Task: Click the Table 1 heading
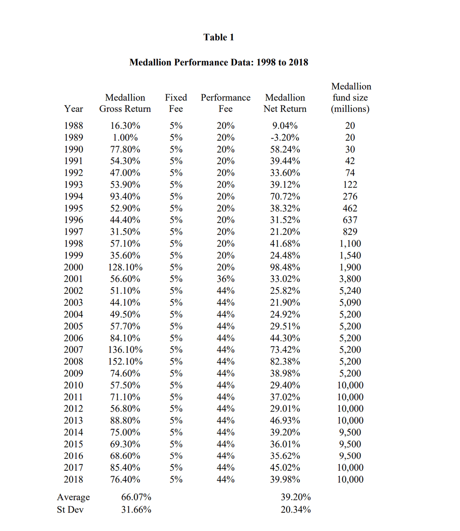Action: pyautogui.click(x=218, y=37)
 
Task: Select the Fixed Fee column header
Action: pyautogui.click(x=176, y=103)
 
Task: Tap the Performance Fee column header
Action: pyautogui.click(x=225, y=103)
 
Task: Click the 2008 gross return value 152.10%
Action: pyautogui.click(x=125, y=362)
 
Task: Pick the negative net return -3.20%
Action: pyautogui.click(x=285, y=138)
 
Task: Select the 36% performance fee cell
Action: pyautogui.click(x=225, y=279)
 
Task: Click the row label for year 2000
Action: pyautogui.click(x=73, y=267)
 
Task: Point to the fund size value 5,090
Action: pyautogui.click(x=350, y=303)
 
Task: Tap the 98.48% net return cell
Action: pyautogui.click(x=285, y=267)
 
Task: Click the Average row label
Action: pyautogui.click(x=73, y=497)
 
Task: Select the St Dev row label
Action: pyautogui.click(x=70, y=510)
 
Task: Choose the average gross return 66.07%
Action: pyautogui.click(x=136, y=497)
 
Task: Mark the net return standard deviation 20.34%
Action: pyautogui.click(x=295, y=510)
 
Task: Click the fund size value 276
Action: pyautogui.click(x=350, y=196)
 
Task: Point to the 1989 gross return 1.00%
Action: pyautogui.click(x=125, y=138)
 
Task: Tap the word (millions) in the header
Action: pyautogui.click(x=350, y=109)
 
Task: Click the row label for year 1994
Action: pyautogui.click(x=73, y=196)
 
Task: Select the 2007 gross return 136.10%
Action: pyautogui.click(x=125, y=350)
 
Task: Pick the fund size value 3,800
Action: pyautogui.click(x=350, y=279)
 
